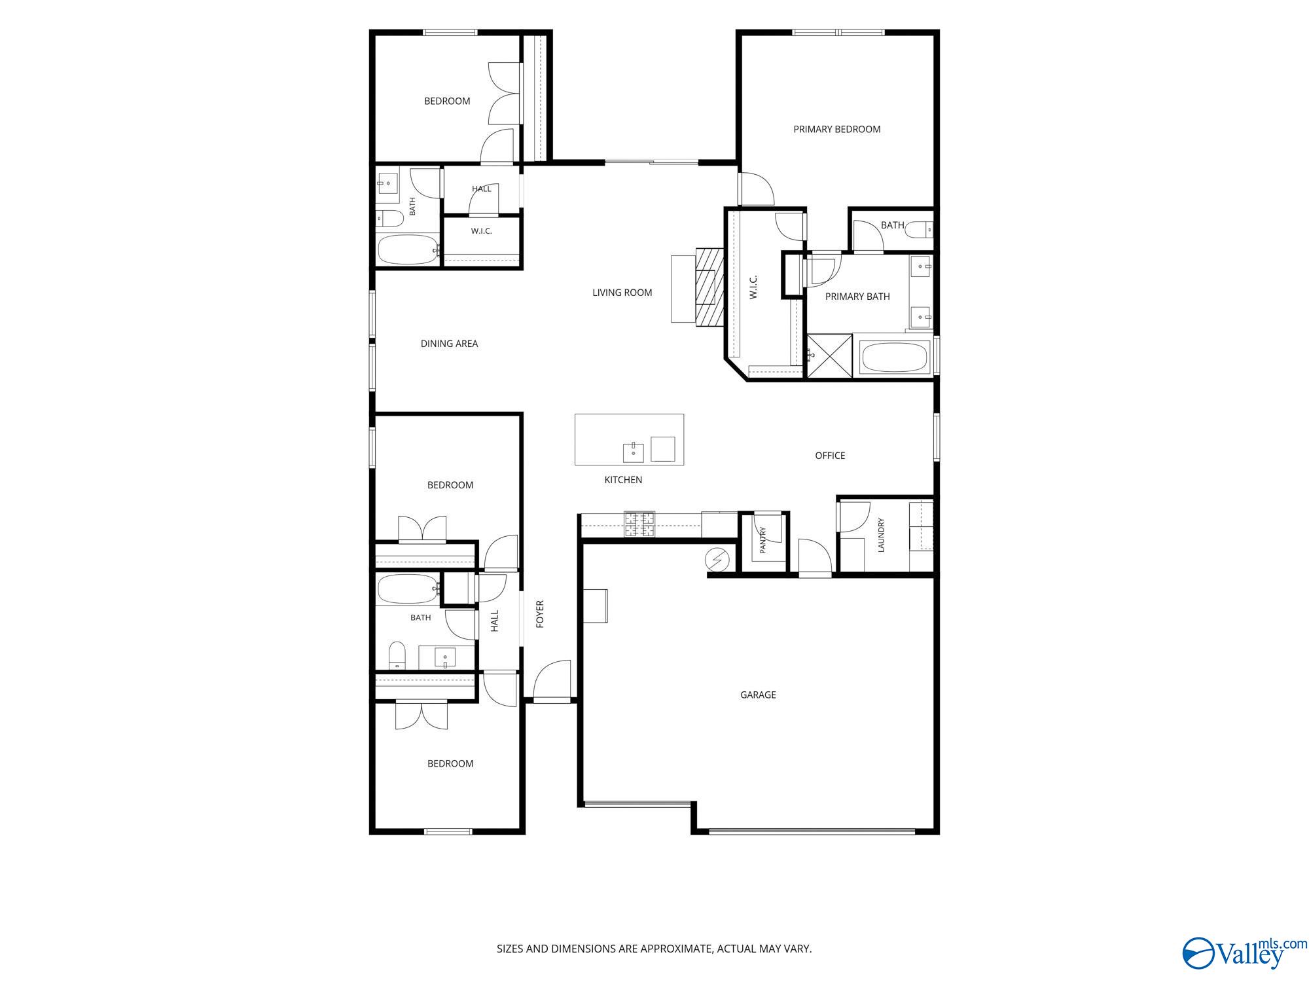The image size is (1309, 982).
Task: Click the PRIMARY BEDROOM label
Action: click(x=836, y=130)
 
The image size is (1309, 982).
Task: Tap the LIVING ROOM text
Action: click(x=622, y=293)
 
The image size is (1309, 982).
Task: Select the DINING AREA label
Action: click(x=449, y=344)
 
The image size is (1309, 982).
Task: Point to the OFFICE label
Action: click(x=830, y=456)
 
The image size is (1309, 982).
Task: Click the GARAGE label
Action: click(x=758, y=695)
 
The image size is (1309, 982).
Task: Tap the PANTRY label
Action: click(x=762, y=541)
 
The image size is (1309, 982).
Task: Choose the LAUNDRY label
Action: click(x=881, y=535)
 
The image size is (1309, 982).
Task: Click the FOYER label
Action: click(x=540, y=614)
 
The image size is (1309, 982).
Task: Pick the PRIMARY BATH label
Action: click(x=857, y=297)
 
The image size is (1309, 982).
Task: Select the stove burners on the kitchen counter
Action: click(x=639, y=524)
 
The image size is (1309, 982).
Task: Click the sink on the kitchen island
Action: click(x=633, y=452)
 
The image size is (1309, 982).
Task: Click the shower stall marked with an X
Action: click(x=829, y=356)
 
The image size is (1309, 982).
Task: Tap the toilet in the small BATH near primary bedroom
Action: click(x=925, y=230)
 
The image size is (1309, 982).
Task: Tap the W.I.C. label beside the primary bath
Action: click(x=753, y=287)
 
